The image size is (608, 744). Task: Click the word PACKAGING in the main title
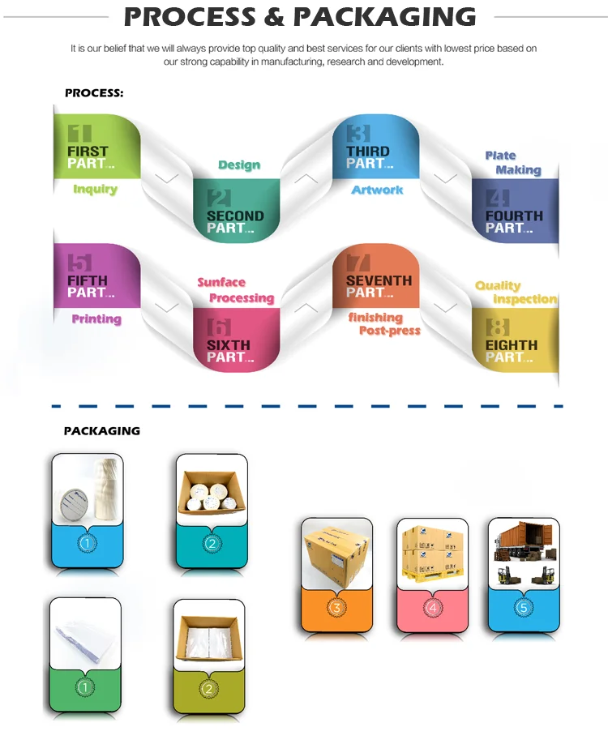[385, 16]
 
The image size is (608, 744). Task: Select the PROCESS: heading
[94, 93]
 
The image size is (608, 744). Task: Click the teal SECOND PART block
[235, 213]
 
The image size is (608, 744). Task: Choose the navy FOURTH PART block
[515, 213]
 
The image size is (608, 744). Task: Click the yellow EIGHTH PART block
[515, 343]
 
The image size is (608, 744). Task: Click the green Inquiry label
[96, 190]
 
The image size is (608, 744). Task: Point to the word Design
[239, 165]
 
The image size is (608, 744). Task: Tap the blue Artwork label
[377, 190]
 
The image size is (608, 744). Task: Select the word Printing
[96, 319]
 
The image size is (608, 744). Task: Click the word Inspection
[525, 299]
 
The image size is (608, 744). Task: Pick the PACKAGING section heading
[102, 431]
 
